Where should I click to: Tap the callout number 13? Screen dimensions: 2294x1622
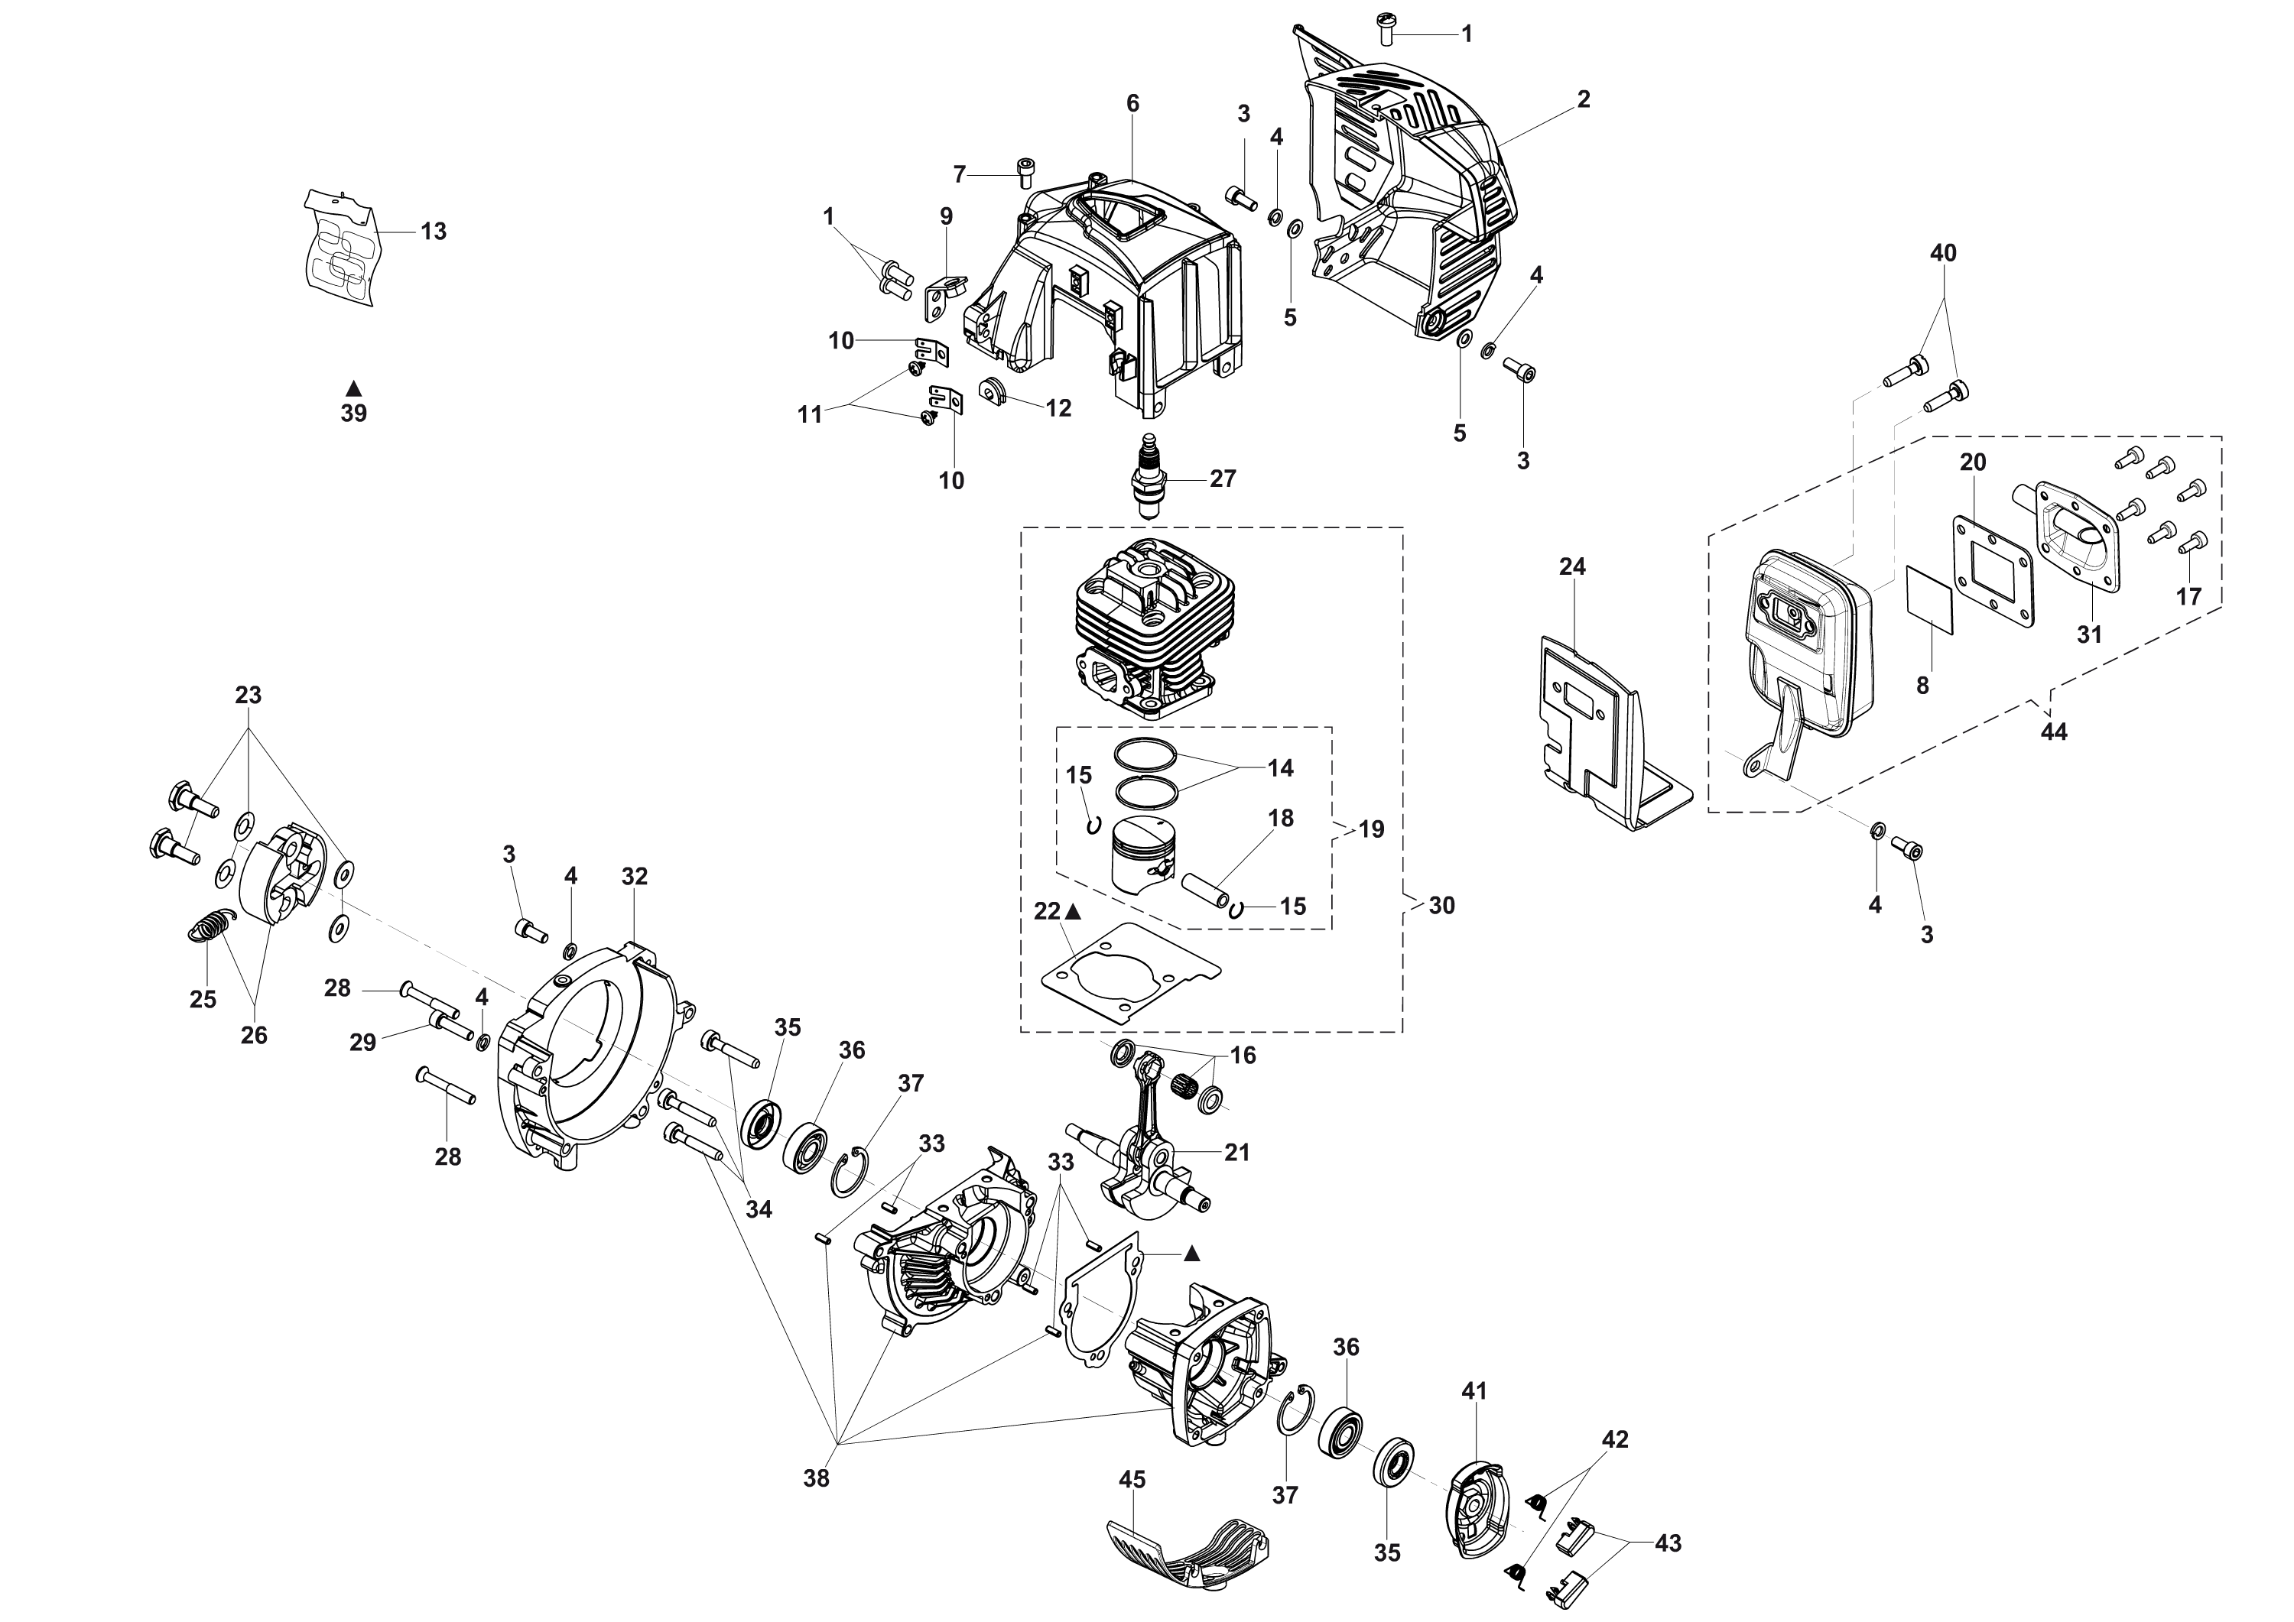coord(433,232)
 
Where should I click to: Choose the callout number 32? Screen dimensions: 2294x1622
coord(635,877)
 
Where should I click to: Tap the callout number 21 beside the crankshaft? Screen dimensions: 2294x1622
coord(1237,1153)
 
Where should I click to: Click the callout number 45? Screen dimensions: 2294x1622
coord(1132,1479)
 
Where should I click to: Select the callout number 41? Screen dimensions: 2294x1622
coord(1475,1391)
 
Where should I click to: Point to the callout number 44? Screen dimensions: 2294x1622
coord(2053,732)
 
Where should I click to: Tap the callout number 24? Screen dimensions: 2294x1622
coord(1571,567)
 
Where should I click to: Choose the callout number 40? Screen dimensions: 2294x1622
coord(1942,254)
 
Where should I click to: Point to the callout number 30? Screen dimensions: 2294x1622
coord(1441,906)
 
